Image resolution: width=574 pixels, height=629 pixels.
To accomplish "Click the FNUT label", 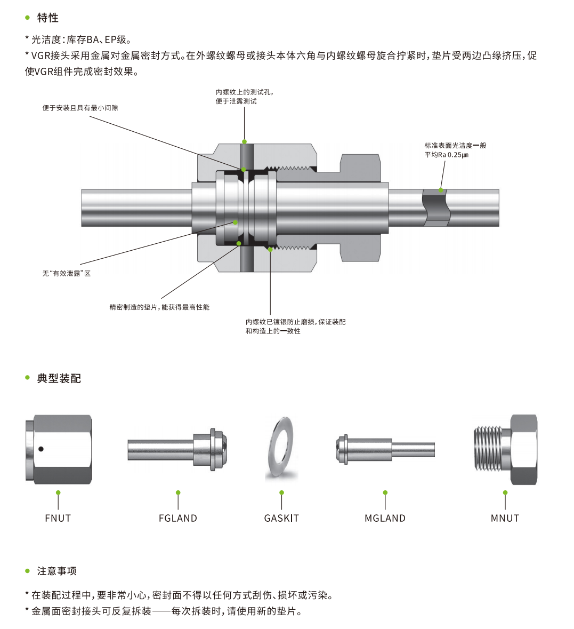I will point(58,518).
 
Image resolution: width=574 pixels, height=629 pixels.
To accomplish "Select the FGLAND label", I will point(178,518).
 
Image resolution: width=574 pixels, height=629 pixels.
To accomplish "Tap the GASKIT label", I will point(281,518).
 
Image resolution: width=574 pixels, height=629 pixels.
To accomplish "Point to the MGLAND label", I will point(385,518).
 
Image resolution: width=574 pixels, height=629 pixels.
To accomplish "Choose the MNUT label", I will point(505,518).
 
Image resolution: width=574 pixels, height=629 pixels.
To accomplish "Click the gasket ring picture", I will point(281,449).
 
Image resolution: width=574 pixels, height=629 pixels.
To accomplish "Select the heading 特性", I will point(48,18).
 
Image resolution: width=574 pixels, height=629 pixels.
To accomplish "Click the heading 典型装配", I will point(59,379).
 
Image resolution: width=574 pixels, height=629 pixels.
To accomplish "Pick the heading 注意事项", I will point(57,571).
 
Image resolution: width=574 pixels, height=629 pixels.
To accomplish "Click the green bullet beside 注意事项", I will point(28,571).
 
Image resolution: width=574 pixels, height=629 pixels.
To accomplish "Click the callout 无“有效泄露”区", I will point(67,274).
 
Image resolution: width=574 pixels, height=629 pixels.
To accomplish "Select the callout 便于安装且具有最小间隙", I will point(80,108).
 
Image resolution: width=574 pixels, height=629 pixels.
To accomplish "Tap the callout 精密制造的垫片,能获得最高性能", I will point(159,307).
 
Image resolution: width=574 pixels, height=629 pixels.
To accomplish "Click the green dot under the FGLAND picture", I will point(178,492).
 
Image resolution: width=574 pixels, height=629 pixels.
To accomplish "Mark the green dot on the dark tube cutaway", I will point(441,190).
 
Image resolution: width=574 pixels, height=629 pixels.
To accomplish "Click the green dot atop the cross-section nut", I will point(244,142).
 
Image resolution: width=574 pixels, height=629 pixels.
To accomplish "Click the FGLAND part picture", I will point(178,450).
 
